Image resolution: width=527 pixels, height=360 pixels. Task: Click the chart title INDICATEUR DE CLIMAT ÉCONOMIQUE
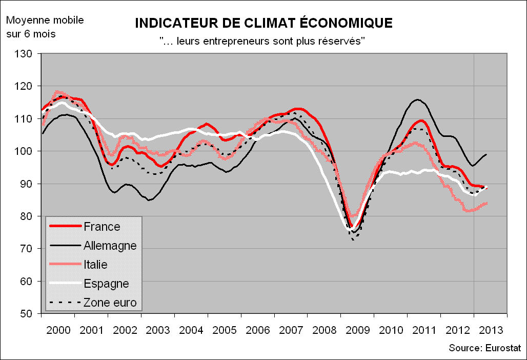tap(263, 23)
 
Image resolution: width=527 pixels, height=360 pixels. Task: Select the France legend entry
tap(102, 227)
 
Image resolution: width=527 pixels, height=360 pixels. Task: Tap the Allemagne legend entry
tap(110, 246)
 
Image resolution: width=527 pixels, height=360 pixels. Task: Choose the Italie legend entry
tap(95, 265)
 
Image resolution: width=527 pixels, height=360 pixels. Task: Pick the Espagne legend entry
tap(106, 284)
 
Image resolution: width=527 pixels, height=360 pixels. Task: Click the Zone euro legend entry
tap(110, 303)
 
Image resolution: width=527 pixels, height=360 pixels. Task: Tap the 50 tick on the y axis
tap(28, 314)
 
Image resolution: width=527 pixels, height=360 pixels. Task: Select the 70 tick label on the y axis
tap(28, 249)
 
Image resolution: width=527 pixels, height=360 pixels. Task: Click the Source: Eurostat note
tap(484, 348)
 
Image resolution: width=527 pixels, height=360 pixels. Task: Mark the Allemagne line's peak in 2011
tap(418, 99)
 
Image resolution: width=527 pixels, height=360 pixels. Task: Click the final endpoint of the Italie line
tap(487, 203)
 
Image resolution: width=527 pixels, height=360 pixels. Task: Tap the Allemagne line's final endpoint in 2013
tap(487, 154)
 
